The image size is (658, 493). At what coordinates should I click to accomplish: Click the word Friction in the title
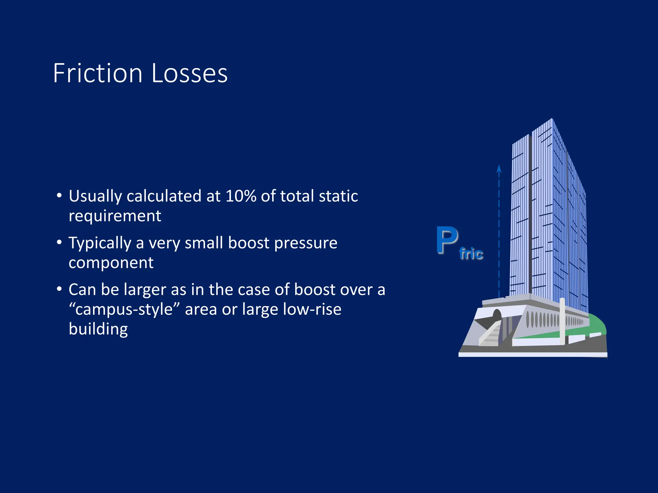pyautogui.click(x=98, y=74)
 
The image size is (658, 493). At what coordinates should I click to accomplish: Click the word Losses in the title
pyautogui.click(x=189, y=74)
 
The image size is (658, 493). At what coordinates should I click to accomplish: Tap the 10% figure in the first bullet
pyautogui.click(x=241, y=196)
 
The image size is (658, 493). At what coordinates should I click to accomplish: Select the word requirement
pyautogui.click(x=115, y=216)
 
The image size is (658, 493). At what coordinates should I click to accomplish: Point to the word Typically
pyautogui.click(x=100, y=243)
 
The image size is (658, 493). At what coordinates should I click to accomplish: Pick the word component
pyautogui.click(x=111, y=263)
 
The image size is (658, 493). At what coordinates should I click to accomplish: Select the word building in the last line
pyautogui.click(x=98, y=329)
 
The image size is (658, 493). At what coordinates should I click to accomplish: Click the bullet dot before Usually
pyautogui.click(x=59, y=195)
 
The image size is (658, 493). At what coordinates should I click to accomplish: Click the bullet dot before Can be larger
pyautogui.click(x=59, y=289)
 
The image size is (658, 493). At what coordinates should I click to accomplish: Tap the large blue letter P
pyautogui.click(x=447, y=240)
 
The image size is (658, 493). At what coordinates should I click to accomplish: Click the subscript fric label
pyautogui.click(x=471, y=254)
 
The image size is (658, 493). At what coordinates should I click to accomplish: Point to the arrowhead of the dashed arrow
pyautogui.click(x=499, y=169)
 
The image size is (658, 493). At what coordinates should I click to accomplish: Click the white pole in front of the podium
pyautogui.click(x=562, y=321)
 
